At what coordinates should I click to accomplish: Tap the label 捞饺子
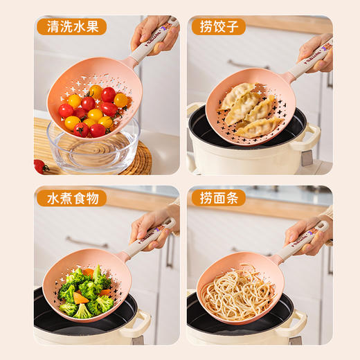click(218, 27)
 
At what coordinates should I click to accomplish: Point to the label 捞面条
click(218, 198)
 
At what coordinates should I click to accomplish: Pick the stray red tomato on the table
click(39, 166)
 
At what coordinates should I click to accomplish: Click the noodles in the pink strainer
click(237, 294)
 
